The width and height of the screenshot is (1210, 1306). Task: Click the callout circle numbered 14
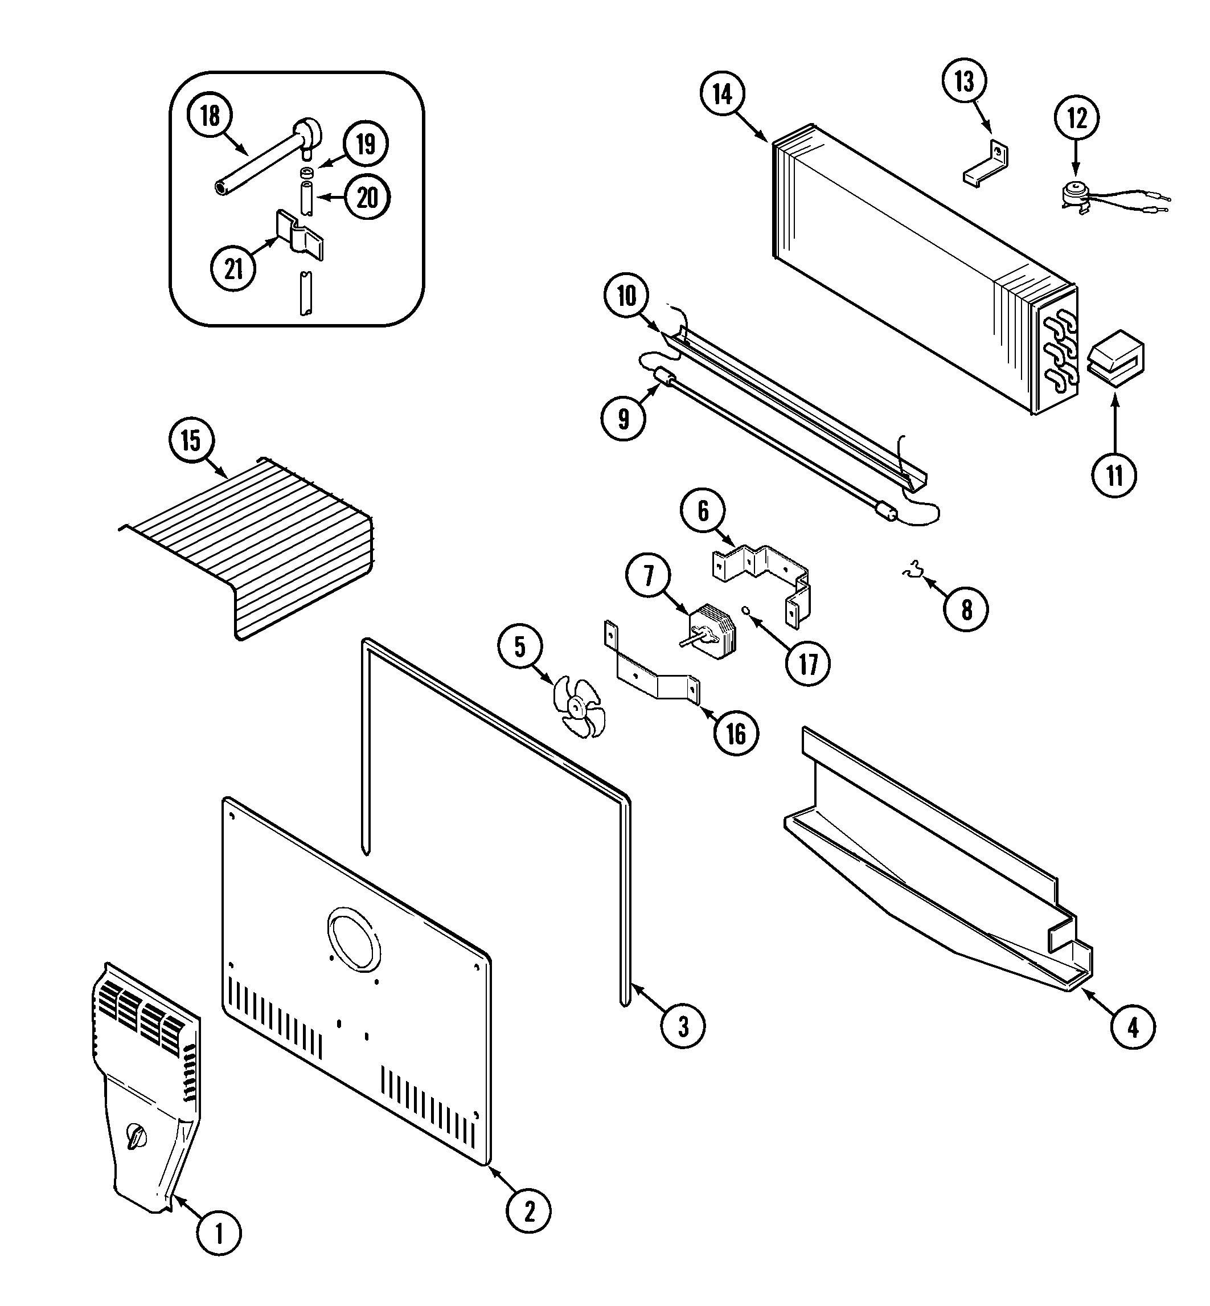[x=722, y=95]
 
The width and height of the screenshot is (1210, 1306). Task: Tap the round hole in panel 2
[x=353, y=940]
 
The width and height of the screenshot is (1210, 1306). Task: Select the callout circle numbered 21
[x=234, y=268]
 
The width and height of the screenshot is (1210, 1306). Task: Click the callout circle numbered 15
[x=191, y=441]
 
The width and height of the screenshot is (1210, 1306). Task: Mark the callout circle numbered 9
[x=624, y=418]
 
